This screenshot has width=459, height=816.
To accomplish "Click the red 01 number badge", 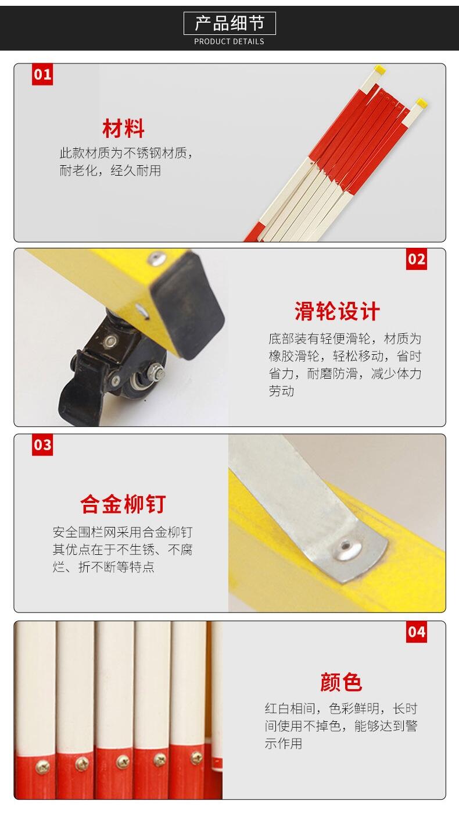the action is (42, 74).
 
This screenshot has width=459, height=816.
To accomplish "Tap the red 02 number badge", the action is (417, 259).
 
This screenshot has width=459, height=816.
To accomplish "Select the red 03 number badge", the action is (42, 445).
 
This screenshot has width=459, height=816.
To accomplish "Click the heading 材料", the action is (123, 129).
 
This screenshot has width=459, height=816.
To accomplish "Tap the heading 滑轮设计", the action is (337, 312).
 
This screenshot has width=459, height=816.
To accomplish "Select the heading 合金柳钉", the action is (123, 504).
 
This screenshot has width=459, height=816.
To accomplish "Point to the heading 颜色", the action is (341, 682).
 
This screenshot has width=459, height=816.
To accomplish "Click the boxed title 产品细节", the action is (229, 23).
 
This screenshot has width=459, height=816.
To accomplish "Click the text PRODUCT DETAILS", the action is (229, 41).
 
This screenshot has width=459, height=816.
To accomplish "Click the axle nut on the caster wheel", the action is (157, 372).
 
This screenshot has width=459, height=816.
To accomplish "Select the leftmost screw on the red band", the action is (41, 767).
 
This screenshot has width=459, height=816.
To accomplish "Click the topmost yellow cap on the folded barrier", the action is (379, 69).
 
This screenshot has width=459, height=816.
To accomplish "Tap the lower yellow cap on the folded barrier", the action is (421, 102).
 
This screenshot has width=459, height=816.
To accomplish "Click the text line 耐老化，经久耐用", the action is (110, 170).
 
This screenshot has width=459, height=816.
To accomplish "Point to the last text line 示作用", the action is (284, 743).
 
